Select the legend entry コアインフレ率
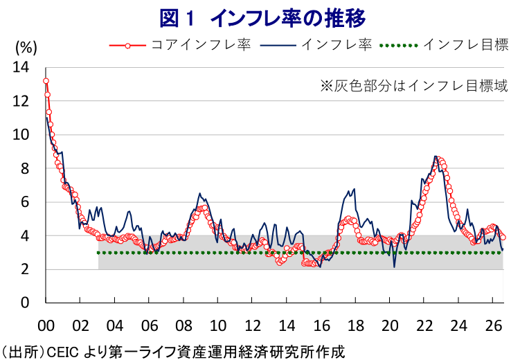coord(180,44)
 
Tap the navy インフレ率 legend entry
coord(316,44)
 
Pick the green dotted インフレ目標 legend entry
coord(444,44)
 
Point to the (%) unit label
coord(26,48)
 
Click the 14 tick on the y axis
coord(21,67)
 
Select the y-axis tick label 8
coord(25,168)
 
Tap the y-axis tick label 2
coord(25,269)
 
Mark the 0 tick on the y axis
coord(25,303)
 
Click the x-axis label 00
coord(46,325)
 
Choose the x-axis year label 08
coord(183,325)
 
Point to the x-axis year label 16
coord(321,325)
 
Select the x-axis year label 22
coord(424,325)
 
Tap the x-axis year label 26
coord(493,325)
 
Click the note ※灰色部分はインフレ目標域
coord(414,86)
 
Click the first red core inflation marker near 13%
coord(46,81)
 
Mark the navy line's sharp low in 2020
coord(395,267)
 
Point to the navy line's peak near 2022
coord(436,156)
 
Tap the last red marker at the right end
coord(503,237)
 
